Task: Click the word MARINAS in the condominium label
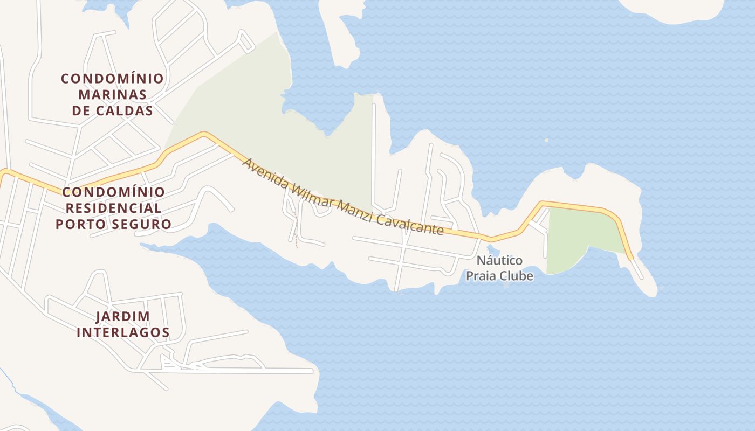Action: [112, 95]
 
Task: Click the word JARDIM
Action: [122, 316]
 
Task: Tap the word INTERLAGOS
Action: [123, 332]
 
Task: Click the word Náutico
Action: [499, 261]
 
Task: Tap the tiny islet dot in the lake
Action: [546, 140]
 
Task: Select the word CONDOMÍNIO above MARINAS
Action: [112, 79]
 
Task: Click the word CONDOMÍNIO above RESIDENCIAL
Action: [113, 192]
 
